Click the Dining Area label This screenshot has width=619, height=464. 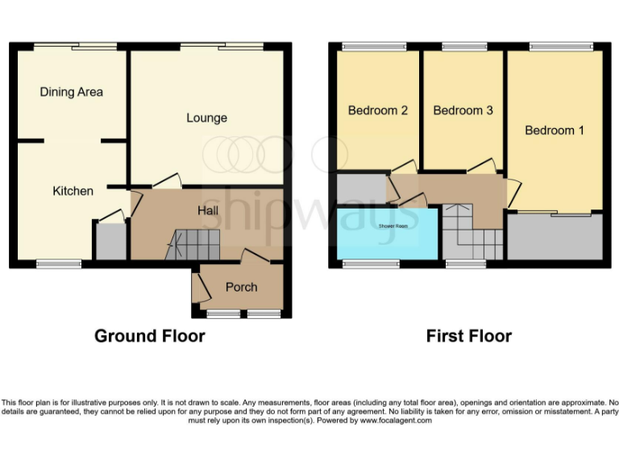(72, 92)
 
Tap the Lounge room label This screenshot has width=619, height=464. (206, 118)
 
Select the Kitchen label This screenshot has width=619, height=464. (73, 191)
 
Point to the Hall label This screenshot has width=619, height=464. (208, 210)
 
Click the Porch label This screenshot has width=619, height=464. (241, 287)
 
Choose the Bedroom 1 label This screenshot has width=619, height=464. (555, 130)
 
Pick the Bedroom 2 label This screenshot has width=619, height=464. (377, 110)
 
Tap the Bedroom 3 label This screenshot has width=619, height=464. (463, 110)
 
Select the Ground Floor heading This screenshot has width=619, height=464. (150, 336)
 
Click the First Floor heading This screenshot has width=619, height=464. (469, 336)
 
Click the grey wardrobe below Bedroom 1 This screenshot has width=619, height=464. (555, 238)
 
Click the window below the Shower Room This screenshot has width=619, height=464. (372, 263)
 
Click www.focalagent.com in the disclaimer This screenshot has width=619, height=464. (396, 420)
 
